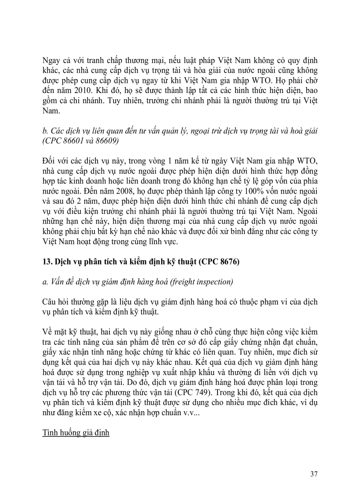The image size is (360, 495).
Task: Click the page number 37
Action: [314, 474]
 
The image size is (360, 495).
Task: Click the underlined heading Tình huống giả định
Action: [76, 432]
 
